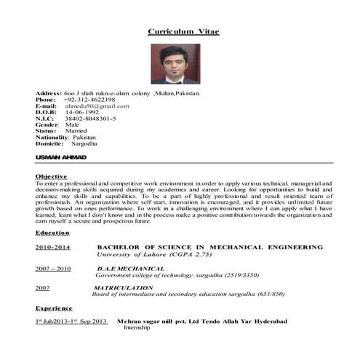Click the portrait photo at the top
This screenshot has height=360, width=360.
(x=175, y=64)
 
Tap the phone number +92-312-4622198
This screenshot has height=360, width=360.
(x=90, y=100)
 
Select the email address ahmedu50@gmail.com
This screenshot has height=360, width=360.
(x=97, y=106)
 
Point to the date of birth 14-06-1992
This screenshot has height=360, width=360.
(x=81, y=112)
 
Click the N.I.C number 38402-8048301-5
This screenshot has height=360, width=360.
(x=90, y=119)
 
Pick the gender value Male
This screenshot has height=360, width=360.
(x=72, y=124)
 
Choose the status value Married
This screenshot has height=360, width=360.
(x=76, y=131)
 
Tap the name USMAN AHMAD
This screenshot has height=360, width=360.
(x=60, y=157)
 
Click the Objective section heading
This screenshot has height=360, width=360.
(x=51, y=177)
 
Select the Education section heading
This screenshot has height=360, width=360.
(x=52, y=233)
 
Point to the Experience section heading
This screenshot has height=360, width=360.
(x=54, y=308)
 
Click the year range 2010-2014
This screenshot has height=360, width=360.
(x=53, y=248)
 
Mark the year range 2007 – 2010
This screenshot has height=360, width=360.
(x=53, y=269)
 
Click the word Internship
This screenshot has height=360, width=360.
(x=137, y=328)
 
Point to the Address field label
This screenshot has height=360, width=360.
(x=48, y=93)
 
